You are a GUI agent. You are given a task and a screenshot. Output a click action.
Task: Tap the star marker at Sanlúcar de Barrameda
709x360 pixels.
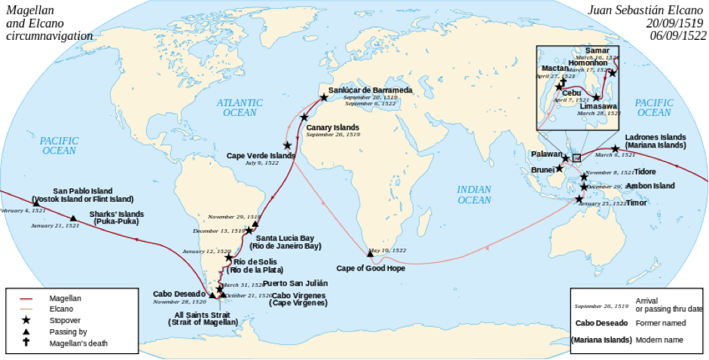323,97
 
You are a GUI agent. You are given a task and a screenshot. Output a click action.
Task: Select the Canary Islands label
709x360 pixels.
332,127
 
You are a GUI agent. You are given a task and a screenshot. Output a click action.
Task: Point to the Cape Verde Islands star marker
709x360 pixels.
287,145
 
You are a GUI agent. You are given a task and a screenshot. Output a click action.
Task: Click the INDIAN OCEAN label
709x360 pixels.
475,195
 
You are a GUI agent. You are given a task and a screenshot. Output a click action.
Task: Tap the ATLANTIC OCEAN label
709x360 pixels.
240,107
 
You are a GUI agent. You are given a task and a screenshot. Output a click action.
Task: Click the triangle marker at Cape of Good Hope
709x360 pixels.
370,253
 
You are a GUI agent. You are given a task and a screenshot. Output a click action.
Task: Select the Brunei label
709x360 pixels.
543,170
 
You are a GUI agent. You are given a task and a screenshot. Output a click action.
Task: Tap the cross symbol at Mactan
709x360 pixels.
562,82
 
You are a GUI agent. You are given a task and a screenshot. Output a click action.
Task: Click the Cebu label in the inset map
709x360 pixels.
571,93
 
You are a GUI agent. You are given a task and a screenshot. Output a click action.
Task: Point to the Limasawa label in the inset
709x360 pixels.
599,106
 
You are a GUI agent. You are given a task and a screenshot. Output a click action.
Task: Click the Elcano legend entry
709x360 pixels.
62,310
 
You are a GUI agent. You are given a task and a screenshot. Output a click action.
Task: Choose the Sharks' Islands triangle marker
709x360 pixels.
73,218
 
